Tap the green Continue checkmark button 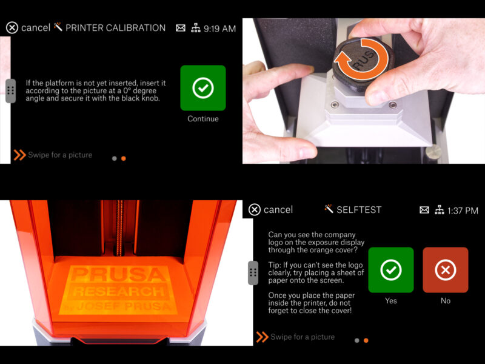203,88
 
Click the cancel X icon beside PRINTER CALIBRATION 12,28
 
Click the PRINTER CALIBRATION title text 115,28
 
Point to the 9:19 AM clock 219,28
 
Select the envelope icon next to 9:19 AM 180,28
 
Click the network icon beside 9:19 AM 195,28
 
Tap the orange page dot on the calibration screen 124,158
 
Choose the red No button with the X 446,270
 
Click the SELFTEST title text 359,210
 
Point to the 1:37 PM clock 462,211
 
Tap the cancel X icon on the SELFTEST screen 255,210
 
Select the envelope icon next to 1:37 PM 424,211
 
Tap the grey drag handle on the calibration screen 10,90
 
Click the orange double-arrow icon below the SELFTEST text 262,337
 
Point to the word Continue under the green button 203,119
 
